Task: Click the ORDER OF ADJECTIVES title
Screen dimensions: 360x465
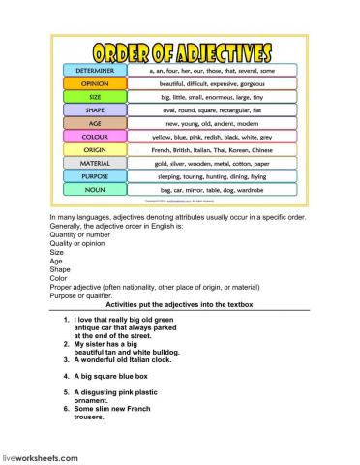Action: [x=180, y=51]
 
